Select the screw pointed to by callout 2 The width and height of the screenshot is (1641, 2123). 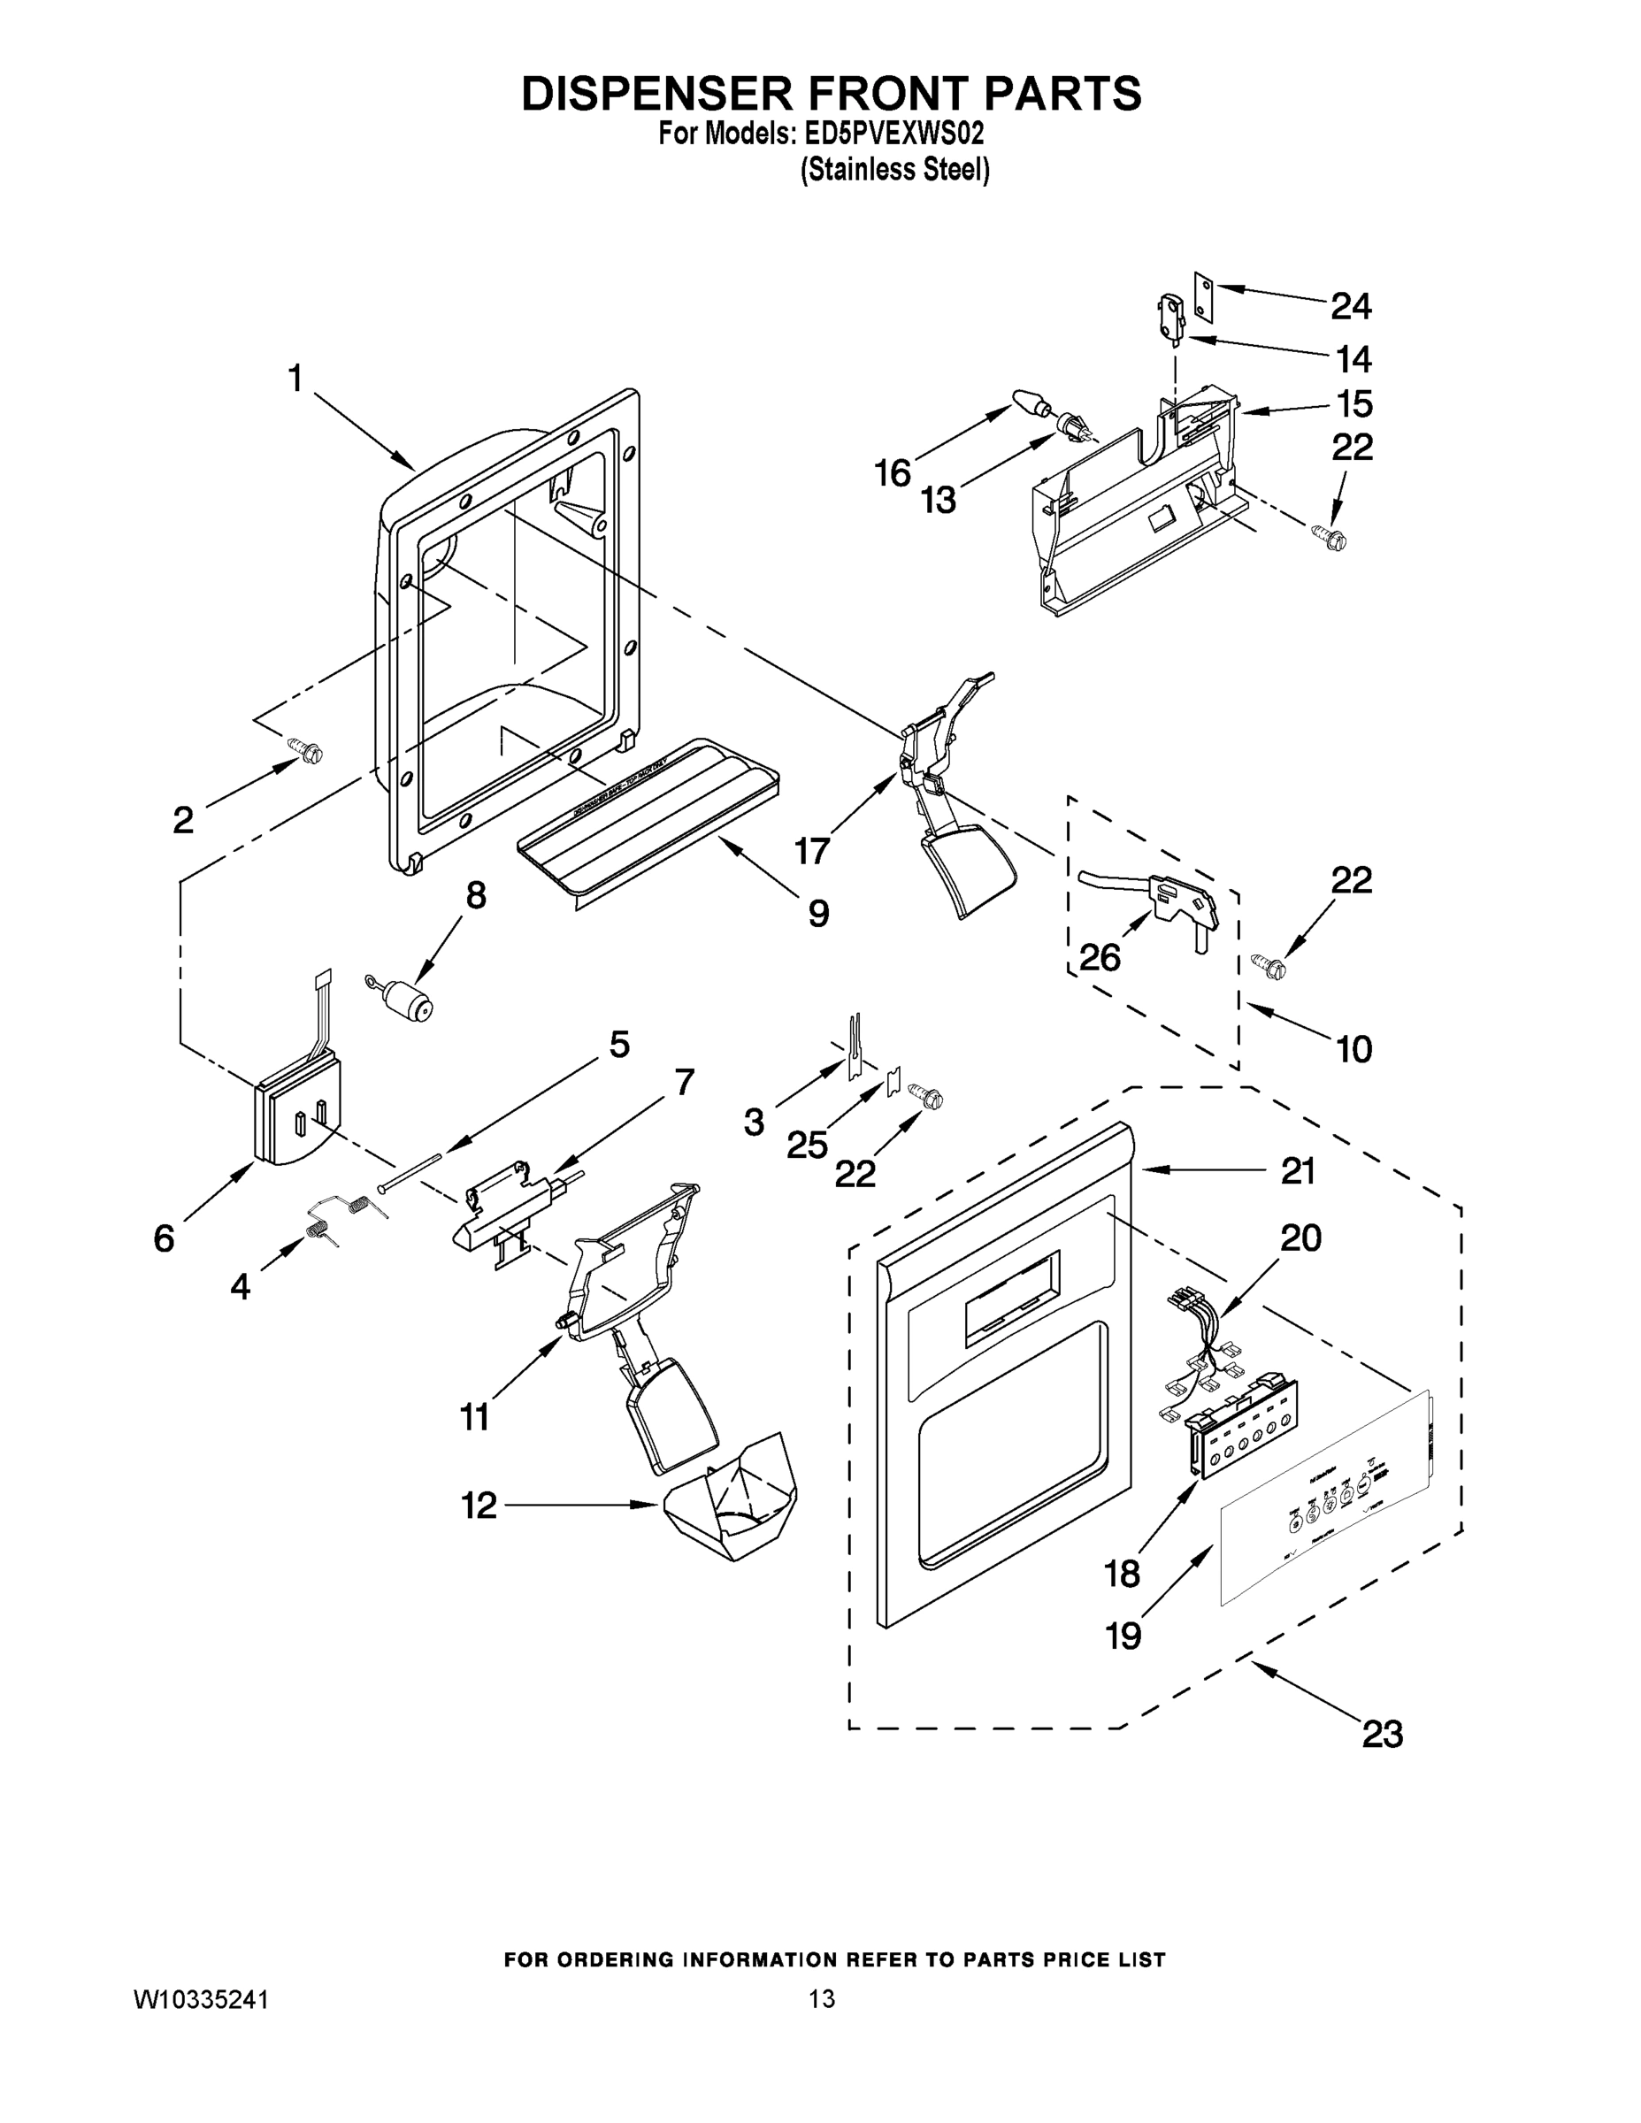point(307,751)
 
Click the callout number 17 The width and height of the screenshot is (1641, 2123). point(812,851)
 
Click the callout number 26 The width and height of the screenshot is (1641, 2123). point(1100,957)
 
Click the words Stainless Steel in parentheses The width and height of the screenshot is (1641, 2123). point(894,170)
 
